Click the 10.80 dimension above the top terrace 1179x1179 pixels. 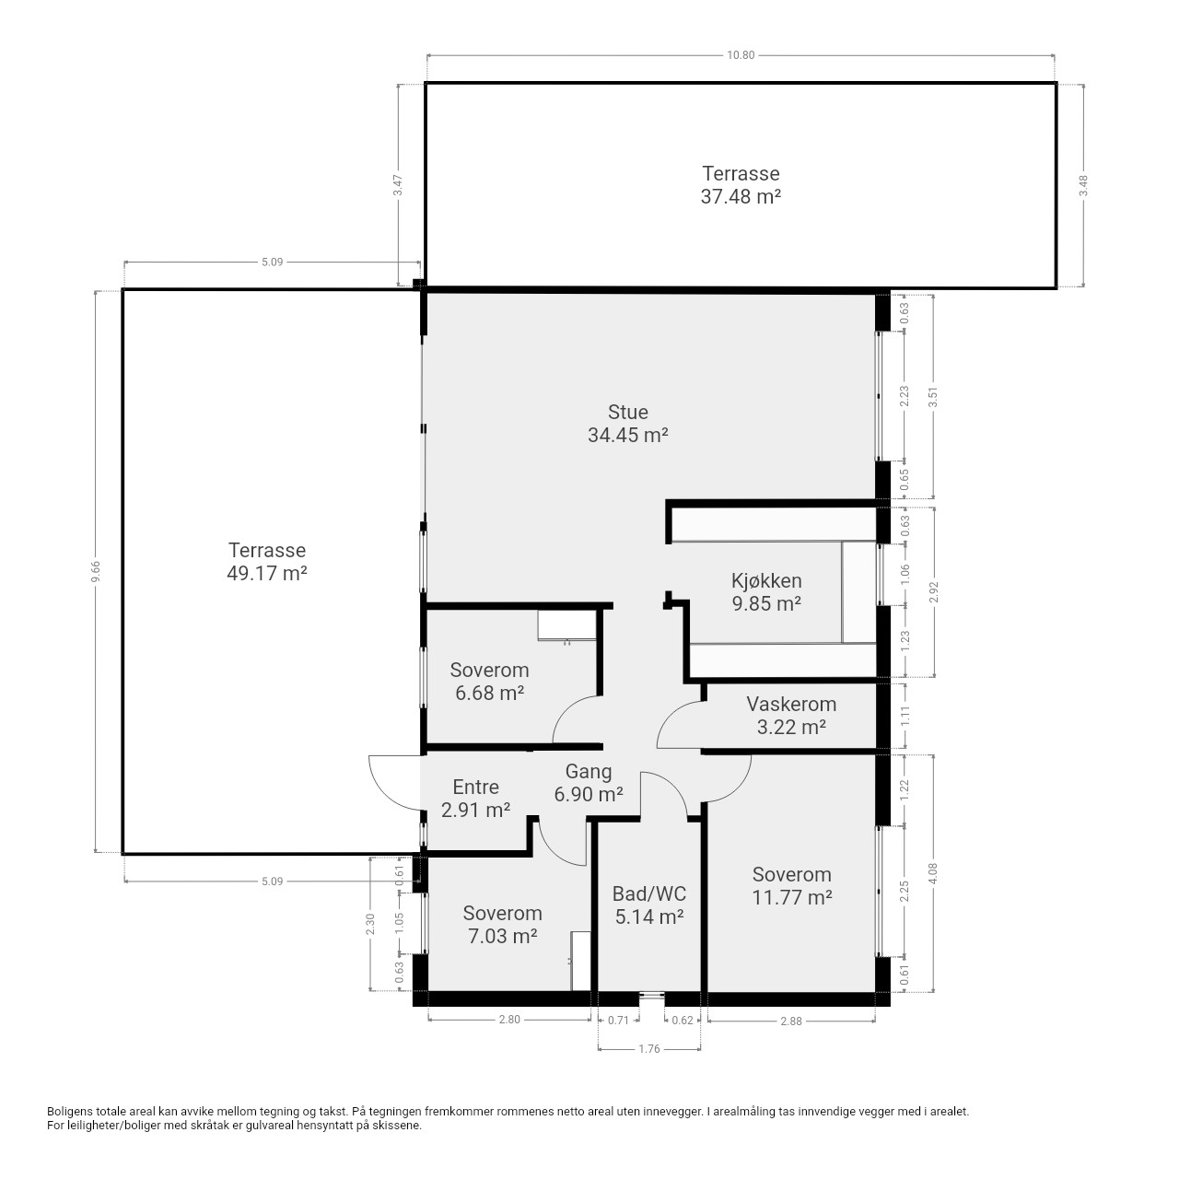[741, 55]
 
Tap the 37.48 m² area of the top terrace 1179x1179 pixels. [741, 196]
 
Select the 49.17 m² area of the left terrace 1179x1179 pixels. [267, 573]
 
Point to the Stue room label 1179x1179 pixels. [628, 412]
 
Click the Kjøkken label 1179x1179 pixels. [766, 580]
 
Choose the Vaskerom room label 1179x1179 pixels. [791, 704]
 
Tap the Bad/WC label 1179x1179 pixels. [649, 893]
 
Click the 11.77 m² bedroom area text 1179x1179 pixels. [792, 897]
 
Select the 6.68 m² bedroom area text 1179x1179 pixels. [489, 694]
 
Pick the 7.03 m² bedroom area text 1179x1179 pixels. [502, 936]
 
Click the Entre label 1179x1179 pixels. [475, 787]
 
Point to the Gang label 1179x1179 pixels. [588, 772]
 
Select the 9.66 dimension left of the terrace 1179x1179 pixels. [96, 571]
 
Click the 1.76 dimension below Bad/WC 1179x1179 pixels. [649, 1049]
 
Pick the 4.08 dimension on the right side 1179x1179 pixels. [932, 874]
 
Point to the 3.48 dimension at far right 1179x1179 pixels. [1083, 185]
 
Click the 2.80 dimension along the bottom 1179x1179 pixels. [509, 1020]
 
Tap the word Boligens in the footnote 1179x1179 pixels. [68, 1112]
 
